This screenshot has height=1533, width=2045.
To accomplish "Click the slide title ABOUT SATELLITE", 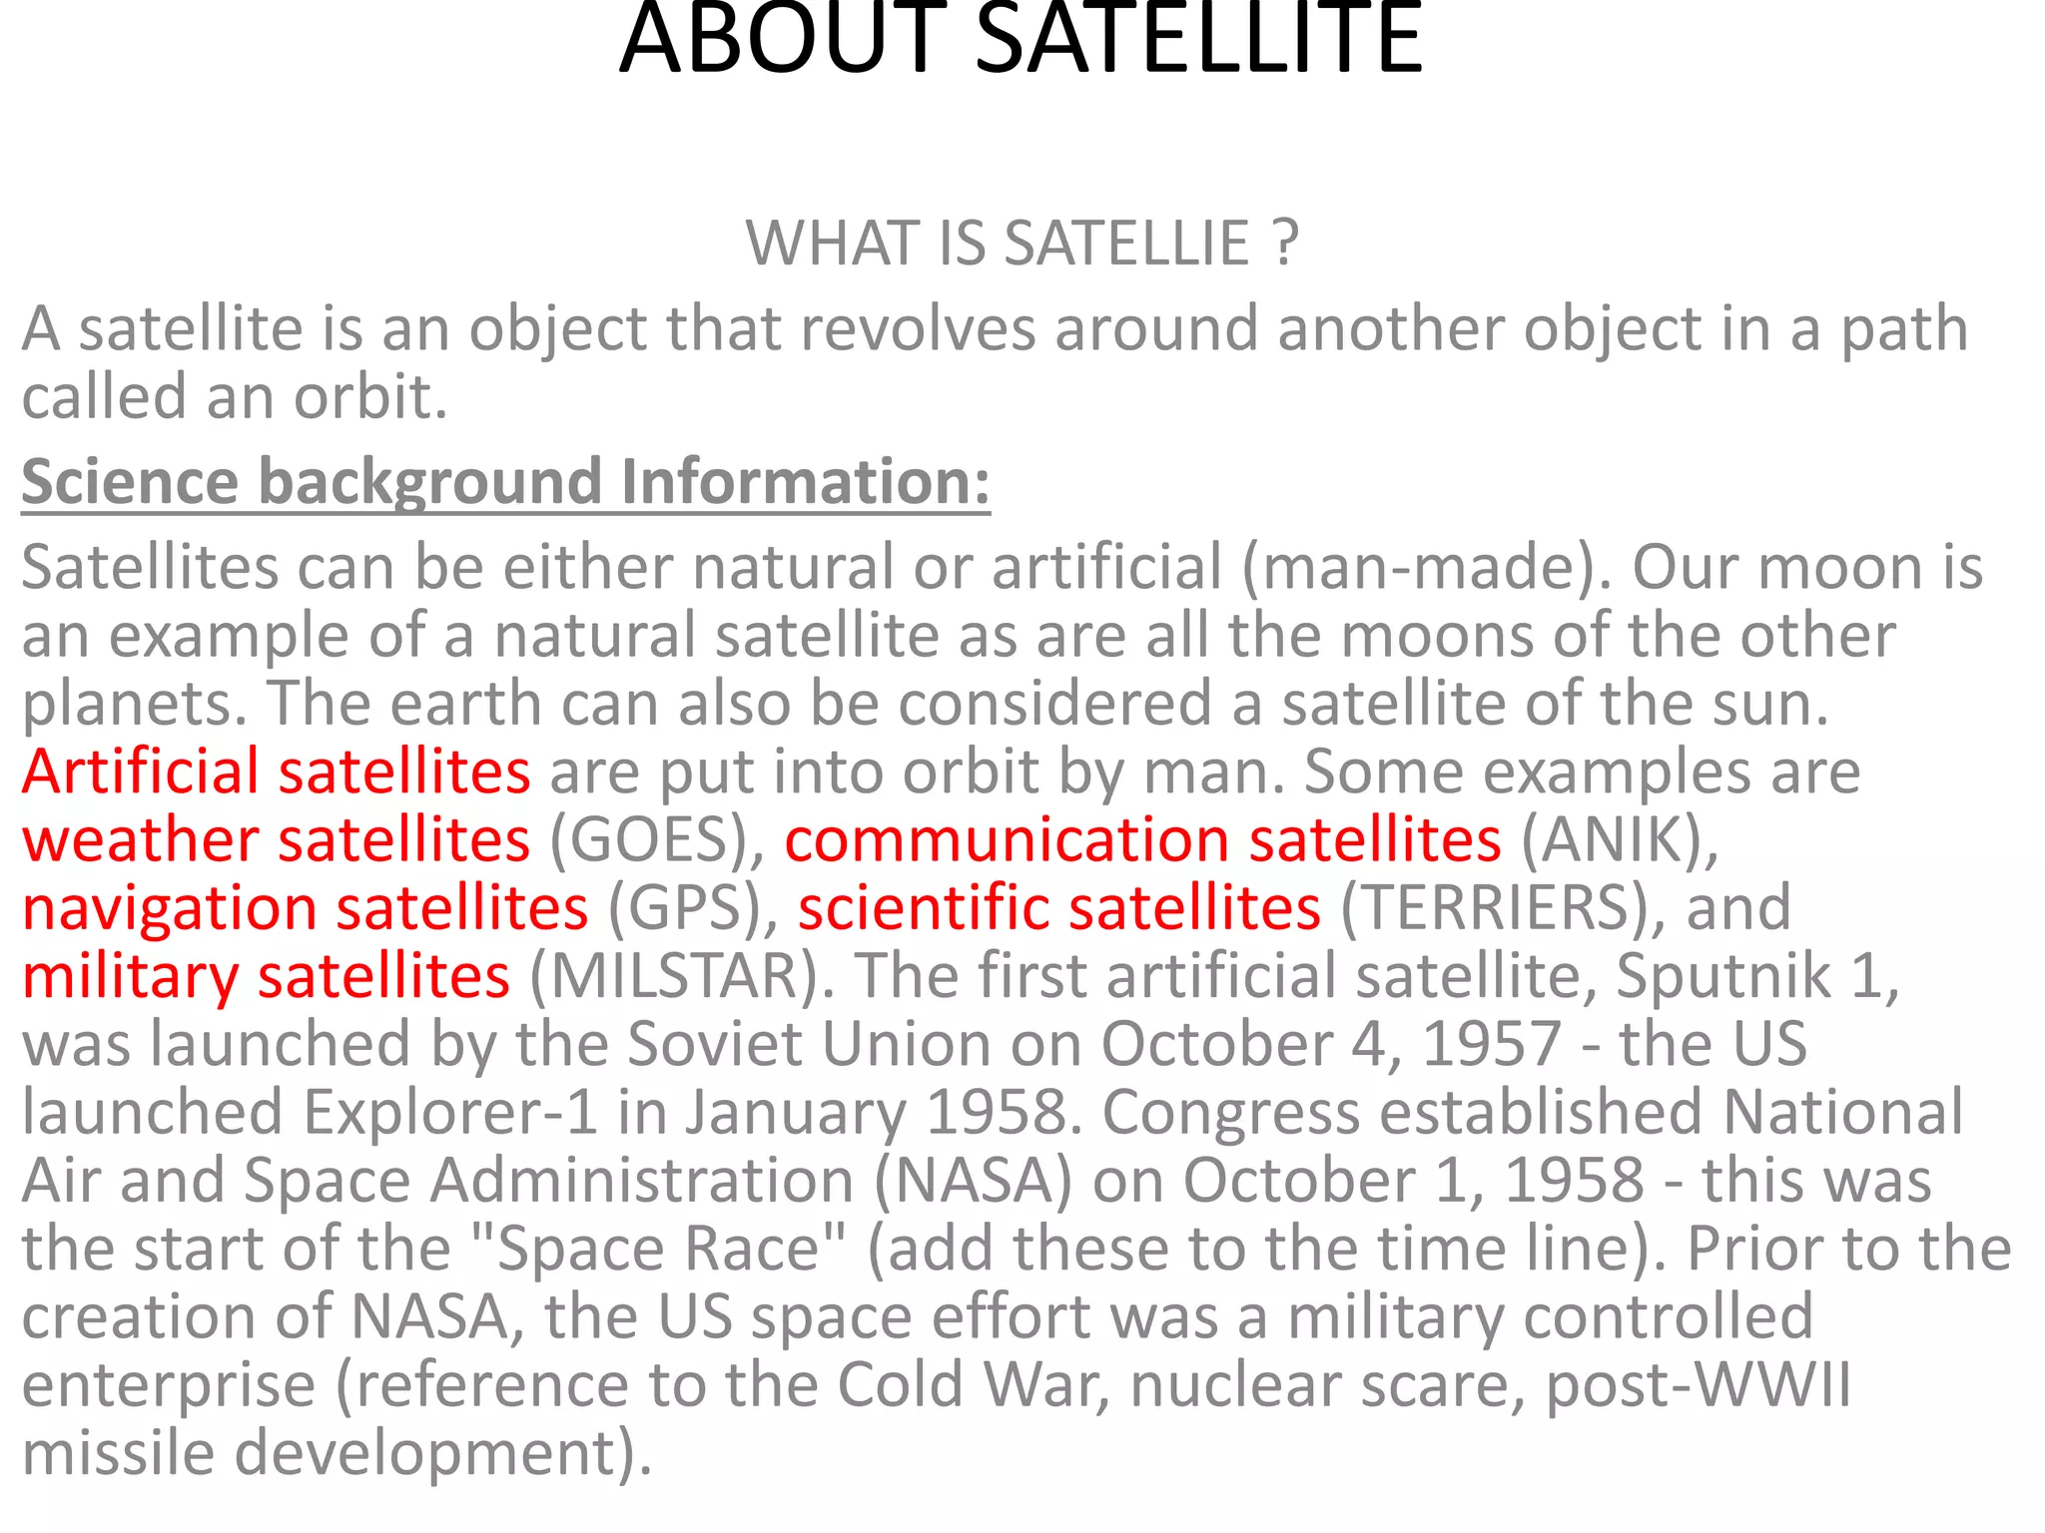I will coord(1021,40).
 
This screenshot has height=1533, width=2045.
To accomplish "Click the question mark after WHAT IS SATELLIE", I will coord(1286,243).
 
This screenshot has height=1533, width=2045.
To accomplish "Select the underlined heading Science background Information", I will coord(505,482).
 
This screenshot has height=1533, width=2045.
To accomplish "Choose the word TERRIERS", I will coord(1493,908).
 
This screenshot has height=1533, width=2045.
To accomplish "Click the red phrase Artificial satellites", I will coord(276,771).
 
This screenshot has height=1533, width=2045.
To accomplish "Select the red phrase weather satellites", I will coord(276,840).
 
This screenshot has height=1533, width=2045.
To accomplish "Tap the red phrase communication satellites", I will coord(1142,840).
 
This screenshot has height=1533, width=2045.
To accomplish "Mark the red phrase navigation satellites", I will coord(306,908).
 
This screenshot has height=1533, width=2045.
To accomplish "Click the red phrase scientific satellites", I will coord(1059,908).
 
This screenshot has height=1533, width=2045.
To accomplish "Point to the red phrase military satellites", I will coord(266,976).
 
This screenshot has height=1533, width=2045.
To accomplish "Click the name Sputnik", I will coord(1723,976).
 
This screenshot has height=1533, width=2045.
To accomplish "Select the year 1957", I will coord(1491,1045).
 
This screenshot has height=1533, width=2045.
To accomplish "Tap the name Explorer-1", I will coord(450,1113).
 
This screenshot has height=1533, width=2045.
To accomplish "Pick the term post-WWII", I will coord(1699,1385).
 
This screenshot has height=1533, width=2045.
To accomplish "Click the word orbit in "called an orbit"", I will coord(369,397).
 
